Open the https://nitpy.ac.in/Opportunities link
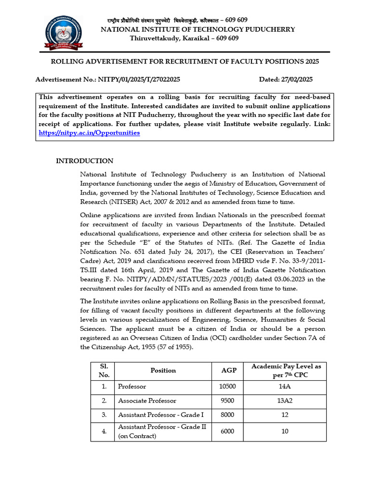pyautogui.click(x=89, y=133)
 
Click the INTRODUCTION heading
pyautogui.click(x=85, y=161)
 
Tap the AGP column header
pyautogui.click(x=228, y=370)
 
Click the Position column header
pyautogui.click(x=163, y=370)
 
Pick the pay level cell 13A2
pyautogui.click(x=285, y=401)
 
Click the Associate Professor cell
pyautogui.click(x=147, y=401)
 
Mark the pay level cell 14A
pyautogui.click(x=285, y=387)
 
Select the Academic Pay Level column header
pyautogui.click(x=286, y=370)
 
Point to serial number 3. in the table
pyautogui.click(x=104, y=415)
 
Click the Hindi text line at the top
pyautogui.click(x=177, y=20)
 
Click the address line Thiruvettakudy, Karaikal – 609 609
pyautogui.click(x=184, y=38)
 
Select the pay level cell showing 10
pyautogui.click(x=285, y=431)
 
